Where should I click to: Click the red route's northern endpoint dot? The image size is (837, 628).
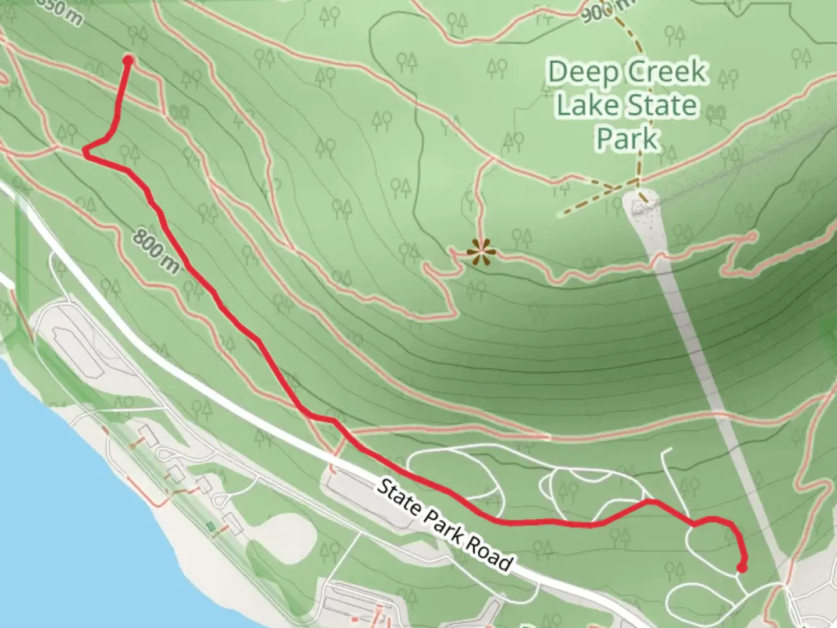[128, 60]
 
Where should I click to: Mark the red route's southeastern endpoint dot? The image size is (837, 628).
[742, 568]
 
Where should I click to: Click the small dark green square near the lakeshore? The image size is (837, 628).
[210, 526]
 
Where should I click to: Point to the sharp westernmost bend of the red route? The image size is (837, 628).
[85, 152]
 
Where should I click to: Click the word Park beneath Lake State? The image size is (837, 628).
[628, 138]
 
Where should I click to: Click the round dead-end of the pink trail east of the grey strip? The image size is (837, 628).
[752, 236]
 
